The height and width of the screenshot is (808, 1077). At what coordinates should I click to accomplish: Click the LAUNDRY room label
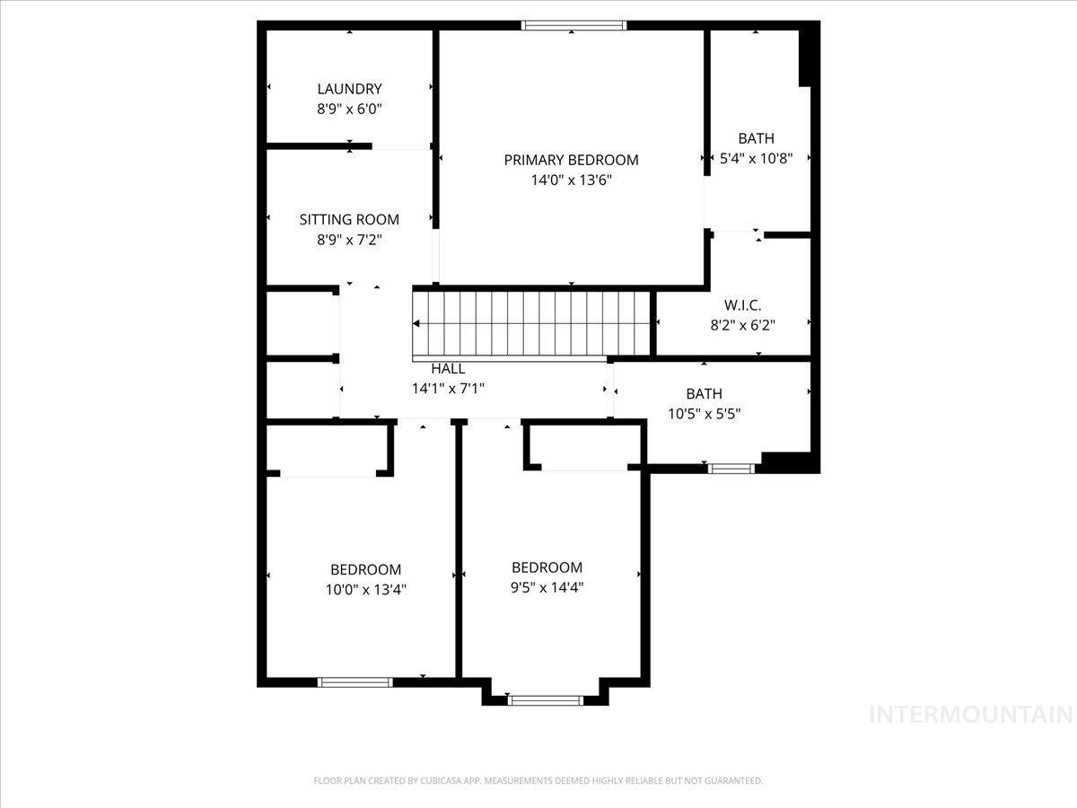349,89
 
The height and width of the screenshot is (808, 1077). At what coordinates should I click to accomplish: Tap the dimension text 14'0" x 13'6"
571,180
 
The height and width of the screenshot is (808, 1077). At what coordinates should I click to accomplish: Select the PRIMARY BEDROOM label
571,160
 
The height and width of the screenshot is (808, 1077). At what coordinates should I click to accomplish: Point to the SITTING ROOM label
349,219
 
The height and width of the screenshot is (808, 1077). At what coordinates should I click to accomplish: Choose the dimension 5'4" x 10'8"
756,158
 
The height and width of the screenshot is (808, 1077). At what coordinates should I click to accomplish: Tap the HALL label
448,369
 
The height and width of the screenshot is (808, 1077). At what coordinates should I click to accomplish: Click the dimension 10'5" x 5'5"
704,414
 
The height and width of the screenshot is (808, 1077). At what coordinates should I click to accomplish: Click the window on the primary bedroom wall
574,26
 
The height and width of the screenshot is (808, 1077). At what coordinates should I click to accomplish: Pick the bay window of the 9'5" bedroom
545,699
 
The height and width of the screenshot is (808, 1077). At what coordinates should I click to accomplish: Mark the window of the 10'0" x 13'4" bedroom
355,682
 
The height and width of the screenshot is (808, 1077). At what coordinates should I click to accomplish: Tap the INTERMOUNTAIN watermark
971,715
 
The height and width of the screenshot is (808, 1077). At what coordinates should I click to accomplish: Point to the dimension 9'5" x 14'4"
547,587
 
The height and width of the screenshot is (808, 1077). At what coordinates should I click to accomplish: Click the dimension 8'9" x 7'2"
349,239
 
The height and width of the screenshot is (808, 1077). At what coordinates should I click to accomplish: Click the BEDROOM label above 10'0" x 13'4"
365,569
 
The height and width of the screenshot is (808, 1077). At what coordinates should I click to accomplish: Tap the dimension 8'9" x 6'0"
349,109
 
